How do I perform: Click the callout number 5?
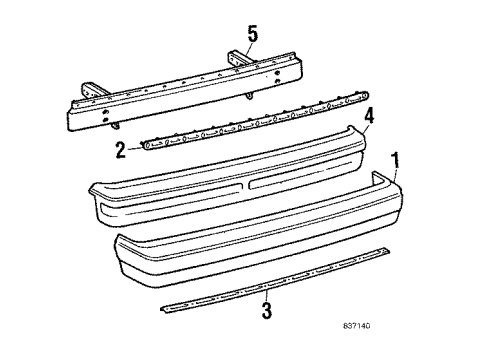(x=253, y=35)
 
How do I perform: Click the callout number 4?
(x=369, y=116)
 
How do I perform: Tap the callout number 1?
(x=396, y=160)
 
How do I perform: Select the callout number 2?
(x=121, y=150)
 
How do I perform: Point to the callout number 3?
(x=267, y=310)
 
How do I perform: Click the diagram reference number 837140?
(x=357, y=326)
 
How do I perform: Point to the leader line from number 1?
(x=395, y=175)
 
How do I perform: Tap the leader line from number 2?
(x=135, y=148)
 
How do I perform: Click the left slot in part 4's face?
(x=171, y=195)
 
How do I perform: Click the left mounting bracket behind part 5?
(x=90, y=91)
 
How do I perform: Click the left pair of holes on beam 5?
(x=105, y=115)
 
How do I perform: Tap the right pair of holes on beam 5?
(x=277, y=77)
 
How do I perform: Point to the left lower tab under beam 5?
(x=116, y=125)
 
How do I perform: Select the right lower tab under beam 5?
(x=249, y=96)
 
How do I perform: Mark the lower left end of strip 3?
(x=164, y=309)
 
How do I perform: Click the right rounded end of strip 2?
(x=366, y=96)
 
